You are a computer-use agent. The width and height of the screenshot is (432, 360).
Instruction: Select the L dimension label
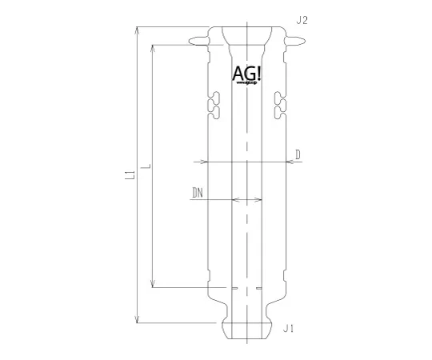(x=144, y=167)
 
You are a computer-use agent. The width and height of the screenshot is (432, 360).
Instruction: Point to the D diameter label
(x=297, y=154)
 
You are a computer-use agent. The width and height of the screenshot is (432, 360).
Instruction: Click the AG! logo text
(x=246, y=74)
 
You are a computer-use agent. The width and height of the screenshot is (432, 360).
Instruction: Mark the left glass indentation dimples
(x=212, y=102)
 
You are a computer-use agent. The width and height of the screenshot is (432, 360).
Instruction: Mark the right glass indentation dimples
(x=280, y=102)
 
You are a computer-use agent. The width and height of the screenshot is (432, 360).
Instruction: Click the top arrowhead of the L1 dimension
(x=138, y=30)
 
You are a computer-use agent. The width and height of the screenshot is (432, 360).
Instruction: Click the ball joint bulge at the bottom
(x=246, y=328)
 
